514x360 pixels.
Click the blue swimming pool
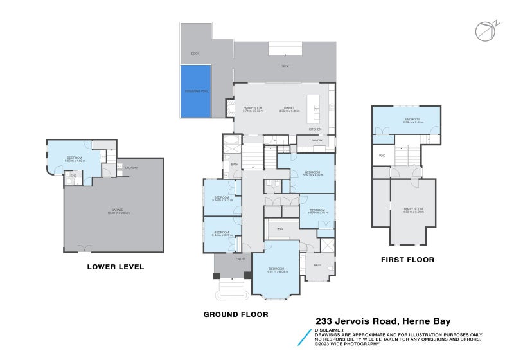tap(195, 91)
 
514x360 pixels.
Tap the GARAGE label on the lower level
tap(113, 210)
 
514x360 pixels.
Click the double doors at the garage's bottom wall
tap(82, 249)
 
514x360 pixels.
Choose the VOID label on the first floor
tap(382, 156)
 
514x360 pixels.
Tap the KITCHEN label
tap(315, 129)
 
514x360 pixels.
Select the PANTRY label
tap(317, 140)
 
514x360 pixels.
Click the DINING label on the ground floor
tap(290, 107)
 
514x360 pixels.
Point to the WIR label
tap(280, 228)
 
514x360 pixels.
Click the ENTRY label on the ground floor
tap(240, 259)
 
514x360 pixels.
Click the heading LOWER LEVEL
tap(116, 267)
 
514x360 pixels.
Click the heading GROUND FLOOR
tap(236, 314)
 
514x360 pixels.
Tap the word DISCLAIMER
tap(328, 330)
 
